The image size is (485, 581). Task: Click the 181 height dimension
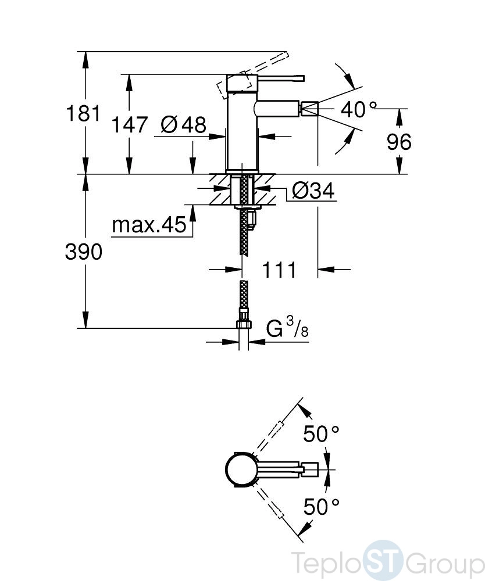83,113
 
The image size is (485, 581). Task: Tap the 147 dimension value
130,124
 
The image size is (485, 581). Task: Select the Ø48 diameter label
184,124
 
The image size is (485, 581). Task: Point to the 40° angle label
359,109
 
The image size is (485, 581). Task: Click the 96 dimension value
399,142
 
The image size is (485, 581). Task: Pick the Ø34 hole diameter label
313,191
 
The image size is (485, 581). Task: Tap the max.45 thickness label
149,224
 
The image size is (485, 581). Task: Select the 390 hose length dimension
83,252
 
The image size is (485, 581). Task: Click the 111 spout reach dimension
279,270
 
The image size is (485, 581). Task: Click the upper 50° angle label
321,433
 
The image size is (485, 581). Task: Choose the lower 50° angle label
321,507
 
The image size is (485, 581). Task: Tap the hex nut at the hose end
244,324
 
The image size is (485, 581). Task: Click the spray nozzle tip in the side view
309,109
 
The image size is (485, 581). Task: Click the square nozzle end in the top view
311,469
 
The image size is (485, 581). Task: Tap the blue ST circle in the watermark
382,560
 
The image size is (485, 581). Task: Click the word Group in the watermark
444,562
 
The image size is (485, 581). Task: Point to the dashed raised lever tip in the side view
284,55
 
